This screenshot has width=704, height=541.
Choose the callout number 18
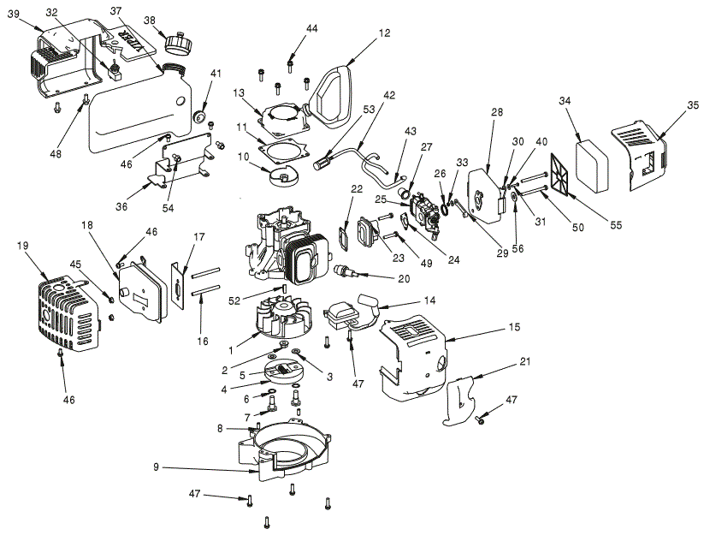[87, 223]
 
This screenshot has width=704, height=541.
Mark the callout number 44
[311, 28]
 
